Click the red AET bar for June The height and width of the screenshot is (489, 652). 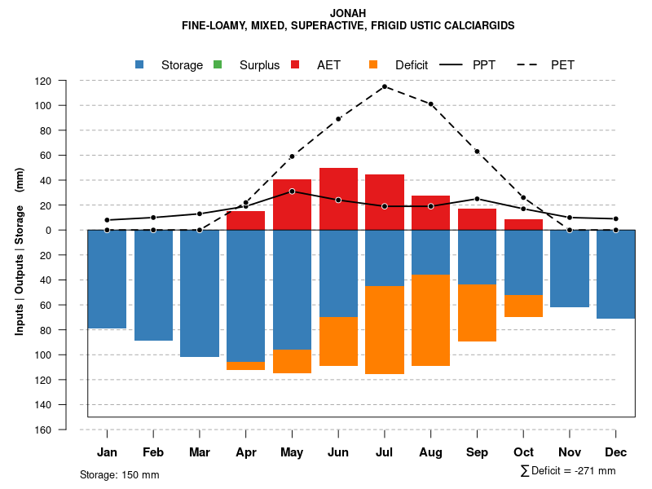[x=338, y=199]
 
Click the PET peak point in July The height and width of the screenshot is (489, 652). [x=385, y=86]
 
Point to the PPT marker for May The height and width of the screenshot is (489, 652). [x=292, y=191]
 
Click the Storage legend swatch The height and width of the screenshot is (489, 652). [x=140, y=65]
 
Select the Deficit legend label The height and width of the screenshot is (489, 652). [x=412, y=65]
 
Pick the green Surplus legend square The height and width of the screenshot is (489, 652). [x=218, y=65]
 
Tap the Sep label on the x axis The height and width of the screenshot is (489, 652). [x=477, y=452]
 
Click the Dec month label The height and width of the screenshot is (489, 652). [x=616, y=452]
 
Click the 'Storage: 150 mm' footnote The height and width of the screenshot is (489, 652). [x=119, y=474]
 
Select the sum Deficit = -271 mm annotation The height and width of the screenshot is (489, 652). [x=568, y=471]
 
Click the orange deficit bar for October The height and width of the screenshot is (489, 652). [x=523, y=306]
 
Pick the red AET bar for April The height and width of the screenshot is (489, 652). [x=245, y=220]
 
